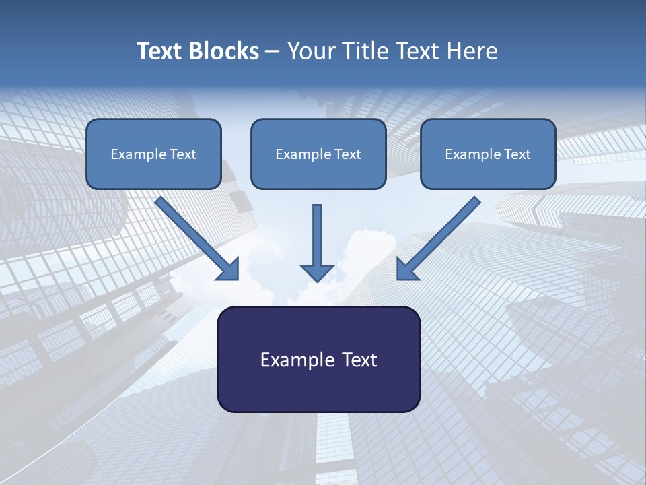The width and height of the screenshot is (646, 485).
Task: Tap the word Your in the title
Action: coord(310,51)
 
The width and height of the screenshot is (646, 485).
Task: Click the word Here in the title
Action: coord(474,51)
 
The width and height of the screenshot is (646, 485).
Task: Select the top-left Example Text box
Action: coord(153,154)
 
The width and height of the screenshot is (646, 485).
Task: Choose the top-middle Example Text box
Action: coord(318,154)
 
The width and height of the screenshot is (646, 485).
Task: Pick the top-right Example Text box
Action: coord(488,154)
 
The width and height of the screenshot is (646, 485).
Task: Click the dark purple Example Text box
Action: coord(318,359)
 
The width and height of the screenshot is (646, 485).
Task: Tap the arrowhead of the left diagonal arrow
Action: coord(227,268)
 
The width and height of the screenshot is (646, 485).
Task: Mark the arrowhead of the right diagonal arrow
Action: coord(408,268)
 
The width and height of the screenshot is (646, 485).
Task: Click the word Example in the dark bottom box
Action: coord(294,360)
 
